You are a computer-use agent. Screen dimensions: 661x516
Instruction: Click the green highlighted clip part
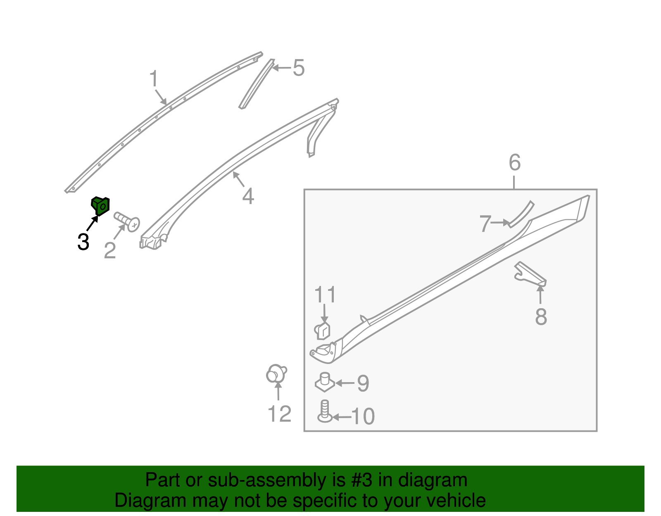pyautogui.click(x=100, y=206)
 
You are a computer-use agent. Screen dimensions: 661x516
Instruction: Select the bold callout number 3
pyautogui.click(x=83, y=242)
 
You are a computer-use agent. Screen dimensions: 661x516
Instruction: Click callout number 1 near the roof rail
pyautogui.click(x=154, y=78)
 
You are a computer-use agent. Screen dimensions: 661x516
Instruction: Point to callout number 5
pyautogui.click(x=298, y=68)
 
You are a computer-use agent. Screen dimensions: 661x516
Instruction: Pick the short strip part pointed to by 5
pyautogui.click(x=257, y=83)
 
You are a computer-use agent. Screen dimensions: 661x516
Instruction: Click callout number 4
pyautogui.click(x=248, y=196)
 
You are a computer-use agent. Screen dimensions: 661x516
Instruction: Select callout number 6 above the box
pyautogui.click(x=515, y=162)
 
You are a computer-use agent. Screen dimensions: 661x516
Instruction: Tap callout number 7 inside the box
pyautogui.click(x=485, y=223)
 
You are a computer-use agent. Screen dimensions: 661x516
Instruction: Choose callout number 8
pyautogui.click(x=541, y=316)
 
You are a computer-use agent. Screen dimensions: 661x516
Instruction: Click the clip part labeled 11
pyautogui.click(x=322, y=331)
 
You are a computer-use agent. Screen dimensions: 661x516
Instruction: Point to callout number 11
pyautogui.click(x=325, y=294)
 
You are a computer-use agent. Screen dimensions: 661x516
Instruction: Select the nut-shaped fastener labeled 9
pyautogui.click(x=325, y=382)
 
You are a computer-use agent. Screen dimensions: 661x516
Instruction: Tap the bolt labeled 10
pyautogui.click(x=325, y=411)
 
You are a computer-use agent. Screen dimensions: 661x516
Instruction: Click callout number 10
pyautogui.click(x=363, y=416)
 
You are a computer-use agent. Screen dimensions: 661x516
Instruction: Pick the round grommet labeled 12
pyautogui.click(x=276, y=374)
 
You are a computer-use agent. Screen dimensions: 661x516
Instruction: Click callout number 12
pyautogui.click(x=279, y=414)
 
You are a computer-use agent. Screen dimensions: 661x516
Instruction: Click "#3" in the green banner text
pyautogui.click(x=361, y=480)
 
